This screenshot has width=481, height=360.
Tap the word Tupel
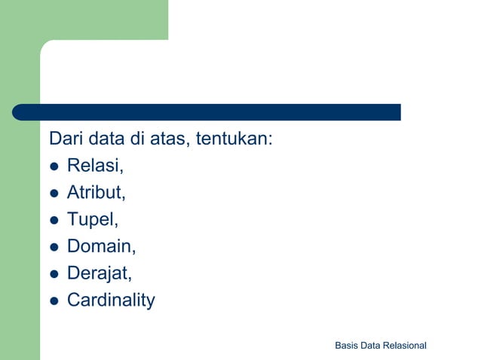(x=92, y=220)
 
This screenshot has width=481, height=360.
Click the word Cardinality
(x=111, y=300)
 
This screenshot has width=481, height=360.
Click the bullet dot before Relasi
(x=54, y=167)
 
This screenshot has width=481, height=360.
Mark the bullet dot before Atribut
(x=54, y=194)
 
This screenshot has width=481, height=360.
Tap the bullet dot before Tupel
(x=54, y=221)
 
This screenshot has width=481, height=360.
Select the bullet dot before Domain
(x=54, y=247)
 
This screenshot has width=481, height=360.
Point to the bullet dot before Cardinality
(x=54, y=301)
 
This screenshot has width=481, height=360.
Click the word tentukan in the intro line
(x=233, y=140)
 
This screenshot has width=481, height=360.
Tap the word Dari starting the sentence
(x=66, y=140)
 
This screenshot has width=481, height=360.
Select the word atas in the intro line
(x=173, y=140)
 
